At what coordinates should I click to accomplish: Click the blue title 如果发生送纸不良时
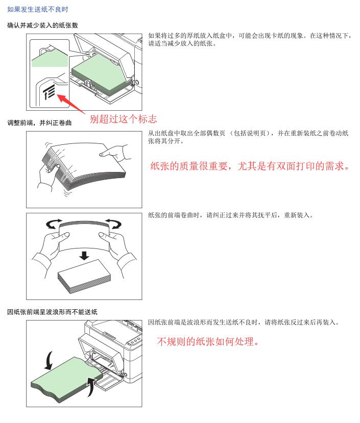coord(38,10)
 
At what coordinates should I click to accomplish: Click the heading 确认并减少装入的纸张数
coord(42,26)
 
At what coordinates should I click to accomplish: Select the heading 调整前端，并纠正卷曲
coord(39,123)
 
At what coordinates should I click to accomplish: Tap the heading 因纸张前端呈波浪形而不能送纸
coord(52,312)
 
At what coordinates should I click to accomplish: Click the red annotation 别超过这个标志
coord(123,119)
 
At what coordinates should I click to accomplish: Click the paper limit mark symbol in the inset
coord(49,91)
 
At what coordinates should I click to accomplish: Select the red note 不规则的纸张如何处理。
coord(208,341)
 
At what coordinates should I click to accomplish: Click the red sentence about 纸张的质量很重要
coord(250,166)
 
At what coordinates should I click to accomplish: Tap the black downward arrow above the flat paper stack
coord(85,256)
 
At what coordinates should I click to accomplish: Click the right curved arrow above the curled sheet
coord(114,224)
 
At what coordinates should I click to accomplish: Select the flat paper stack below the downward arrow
coord(84,277)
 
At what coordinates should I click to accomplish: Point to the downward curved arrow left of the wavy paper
coord(49,361)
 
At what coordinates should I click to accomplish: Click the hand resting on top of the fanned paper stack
coord(115,153)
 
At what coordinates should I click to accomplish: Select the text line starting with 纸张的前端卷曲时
coord(231,215)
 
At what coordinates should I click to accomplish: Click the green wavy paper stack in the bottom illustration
coord(67,380)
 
